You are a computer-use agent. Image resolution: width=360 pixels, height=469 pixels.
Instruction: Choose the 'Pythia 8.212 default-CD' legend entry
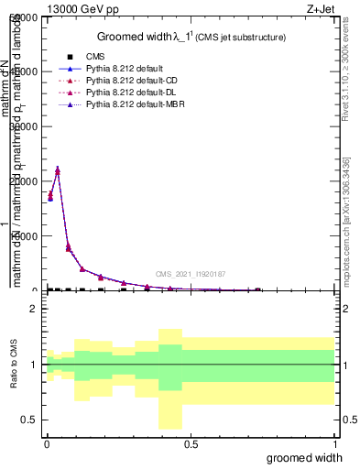tap(129, 81)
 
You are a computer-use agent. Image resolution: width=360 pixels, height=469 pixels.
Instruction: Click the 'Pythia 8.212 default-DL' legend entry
tap(129, 93)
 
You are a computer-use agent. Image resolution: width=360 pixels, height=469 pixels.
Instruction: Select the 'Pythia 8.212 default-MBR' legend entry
tap(132, 105)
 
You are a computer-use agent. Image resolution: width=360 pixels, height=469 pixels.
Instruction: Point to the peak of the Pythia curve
tap(58, 169)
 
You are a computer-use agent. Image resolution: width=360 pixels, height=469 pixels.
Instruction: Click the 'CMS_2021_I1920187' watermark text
tap(190, 274)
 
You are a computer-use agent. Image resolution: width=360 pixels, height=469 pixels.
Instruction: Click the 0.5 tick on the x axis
tap(191, 443)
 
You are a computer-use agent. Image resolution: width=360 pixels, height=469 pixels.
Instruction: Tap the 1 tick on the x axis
tap(334, 443)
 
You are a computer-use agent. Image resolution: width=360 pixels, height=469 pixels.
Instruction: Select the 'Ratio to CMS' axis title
tap(13, 364)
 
